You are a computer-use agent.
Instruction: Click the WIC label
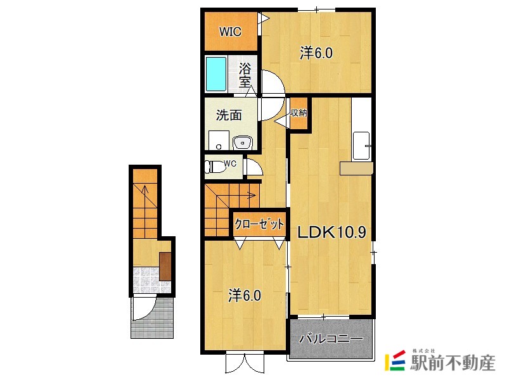click(230, 32)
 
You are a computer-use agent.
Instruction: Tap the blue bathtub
click(216, 74)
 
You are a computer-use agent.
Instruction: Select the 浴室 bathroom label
click(245, 75)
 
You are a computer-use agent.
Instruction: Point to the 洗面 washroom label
click(229, 115)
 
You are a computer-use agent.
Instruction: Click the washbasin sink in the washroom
click(243, 142)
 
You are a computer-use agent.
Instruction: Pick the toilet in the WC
click(215, 166)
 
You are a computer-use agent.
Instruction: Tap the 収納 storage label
click(298, 113)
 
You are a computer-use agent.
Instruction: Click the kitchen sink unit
click(361, 146)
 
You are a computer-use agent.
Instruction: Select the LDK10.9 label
click(331, 232)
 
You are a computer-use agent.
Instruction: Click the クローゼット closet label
click(259, 224)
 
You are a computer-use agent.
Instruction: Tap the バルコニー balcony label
click(331, 339)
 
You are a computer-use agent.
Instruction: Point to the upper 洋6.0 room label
click(316, 53)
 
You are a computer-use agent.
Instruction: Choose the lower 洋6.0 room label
click(245, 295)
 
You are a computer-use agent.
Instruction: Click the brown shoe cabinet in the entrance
click(165, 266)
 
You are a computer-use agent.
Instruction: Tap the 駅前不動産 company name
click(452, 363)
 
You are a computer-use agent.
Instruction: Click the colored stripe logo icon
click(395, 360)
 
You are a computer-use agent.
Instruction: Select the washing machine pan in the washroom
click(219, 140)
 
